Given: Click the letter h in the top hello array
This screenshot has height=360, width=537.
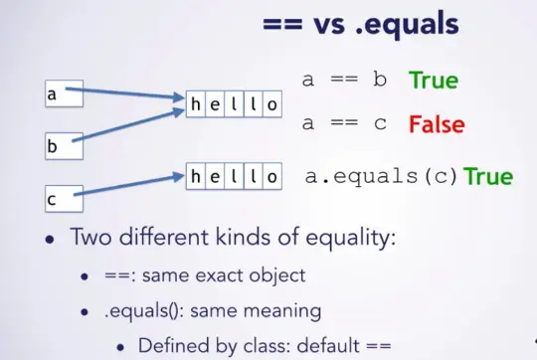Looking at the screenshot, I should tap(196, 104).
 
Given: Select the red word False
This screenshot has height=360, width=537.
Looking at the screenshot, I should tap(437, 126).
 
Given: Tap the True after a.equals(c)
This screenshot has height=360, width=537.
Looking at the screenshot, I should tap(488, 177).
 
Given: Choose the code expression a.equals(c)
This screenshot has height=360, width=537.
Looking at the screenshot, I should tap(382, 178).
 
